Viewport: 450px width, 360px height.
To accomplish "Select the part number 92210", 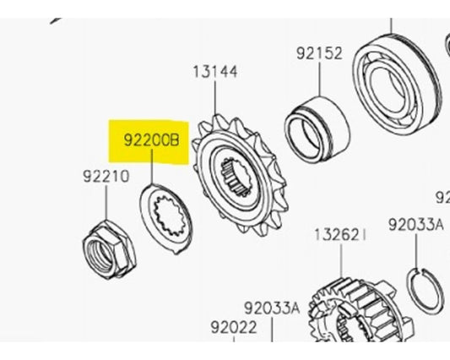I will point(105,177).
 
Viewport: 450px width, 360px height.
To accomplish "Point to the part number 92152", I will point(319,53).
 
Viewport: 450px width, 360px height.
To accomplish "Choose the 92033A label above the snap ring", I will point(415,225).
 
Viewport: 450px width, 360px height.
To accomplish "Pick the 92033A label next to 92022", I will point(272,308).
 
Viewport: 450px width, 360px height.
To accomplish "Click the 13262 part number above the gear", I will point(341,233).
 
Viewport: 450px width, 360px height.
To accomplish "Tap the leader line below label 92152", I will point(320,79).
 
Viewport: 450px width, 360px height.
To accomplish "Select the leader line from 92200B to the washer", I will point(151,173).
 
